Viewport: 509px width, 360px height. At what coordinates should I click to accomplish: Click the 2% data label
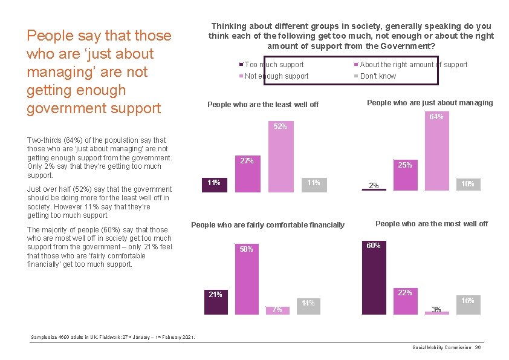(x=374, y=186)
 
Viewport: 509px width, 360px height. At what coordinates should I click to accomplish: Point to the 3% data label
(x=436, y=310)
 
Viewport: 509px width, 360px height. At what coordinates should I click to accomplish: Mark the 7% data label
(x=277, y=310)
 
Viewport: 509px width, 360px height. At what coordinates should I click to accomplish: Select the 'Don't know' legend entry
(x=378, y=76)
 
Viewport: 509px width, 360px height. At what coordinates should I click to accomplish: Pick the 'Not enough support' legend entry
(x=276, y=76)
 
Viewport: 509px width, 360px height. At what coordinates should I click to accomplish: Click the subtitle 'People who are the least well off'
(x=263, y=105)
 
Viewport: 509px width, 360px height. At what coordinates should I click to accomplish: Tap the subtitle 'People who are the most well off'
(x=432, y=224)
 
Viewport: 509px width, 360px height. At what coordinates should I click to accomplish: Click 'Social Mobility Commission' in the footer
(x=442, y=347)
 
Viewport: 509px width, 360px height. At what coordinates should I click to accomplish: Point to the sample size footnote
(x=112, y=337)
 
